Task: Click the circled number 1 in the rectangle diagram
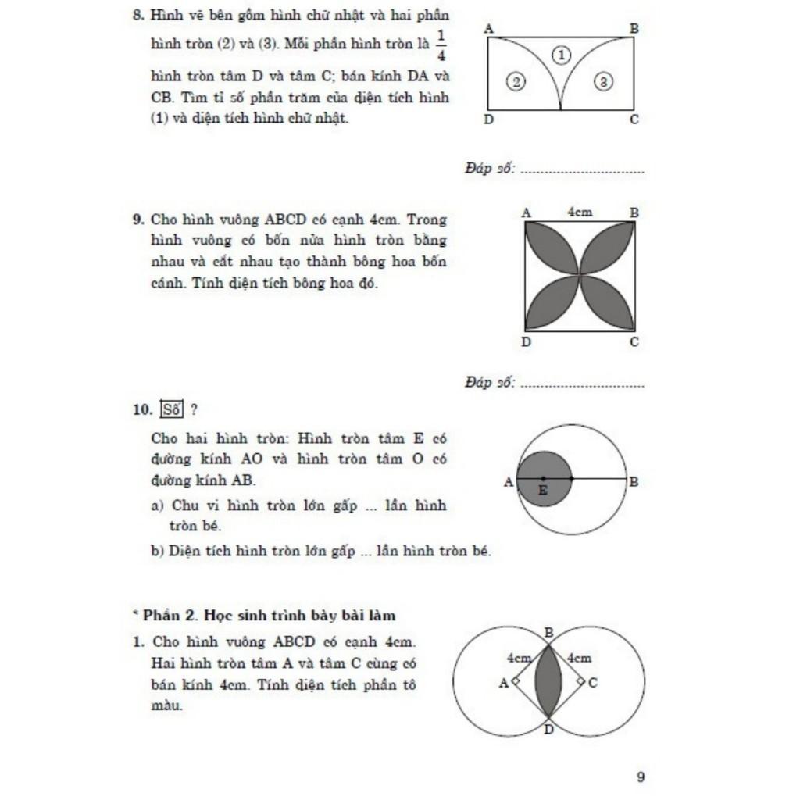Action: [562, 54]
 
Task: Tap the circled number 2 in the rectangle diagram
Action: [515, 80]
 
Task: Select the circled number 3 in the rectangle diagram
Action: [604, 80]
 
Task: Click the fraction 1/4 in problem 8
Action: [441, 44]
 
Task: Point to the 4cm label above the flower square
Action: [579, 212]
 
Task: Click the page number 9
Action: [641, 777]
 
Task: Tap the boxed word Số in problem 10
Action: [170, 409]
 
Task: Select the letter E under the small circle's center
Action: [544, 491]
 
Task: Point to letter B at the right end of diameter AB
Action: [634, 481]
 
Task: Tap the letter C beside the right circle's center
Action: [593, 682]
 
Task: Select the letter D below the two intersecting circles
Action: [548, 730]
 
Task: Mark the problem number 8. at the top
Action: [138, 16]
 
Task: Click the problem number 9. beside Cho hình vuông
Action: [138, 220]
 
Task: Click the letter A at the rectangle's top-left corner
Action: [489, 28]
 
